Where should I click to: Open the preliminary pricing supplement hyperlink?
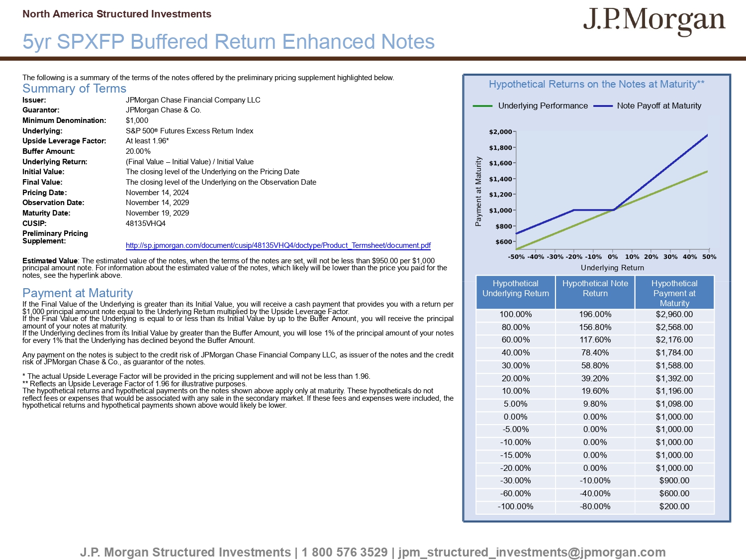(x=278, y=245)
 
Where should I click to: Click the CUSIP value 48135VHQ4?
(x=146, y=224)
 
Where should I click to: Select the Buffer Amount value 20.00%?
(x=138, y=151)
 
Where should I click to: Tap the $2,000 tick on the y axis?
(x=500, y=132)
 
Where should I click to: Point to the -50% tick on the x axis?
(x=516, y=257)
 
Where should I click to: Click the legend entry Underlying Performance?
(x=543, y=106)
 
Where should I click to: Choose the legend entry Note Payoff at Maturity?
(x=659, y=106)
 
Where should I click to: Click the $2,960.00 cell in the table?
(x=674, y=315)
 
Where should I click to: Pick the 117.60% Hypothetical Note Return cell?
(x=595, y=340)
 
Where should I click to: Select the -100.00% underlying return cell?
(x=515, y=507)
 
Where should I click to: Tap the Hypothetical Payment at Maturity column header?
(x=674, y=293)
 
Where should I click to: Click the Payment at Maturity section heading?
(x=78, y=293)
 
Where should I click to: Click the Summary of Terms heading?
(x=75, y=89)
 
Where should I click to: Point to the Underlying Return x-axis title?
(x=612, y=268)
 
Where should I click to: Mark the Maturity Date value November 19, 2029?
(x=157, y=213)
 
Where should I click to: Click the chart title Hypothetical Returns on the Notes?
(x=596, y=84)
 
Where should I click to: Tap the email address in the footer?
(x=532, y=552)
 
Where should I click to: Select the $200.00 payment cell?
(x=674, y=507)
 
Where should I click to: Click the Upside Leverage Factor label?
(x=64, y=141)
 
